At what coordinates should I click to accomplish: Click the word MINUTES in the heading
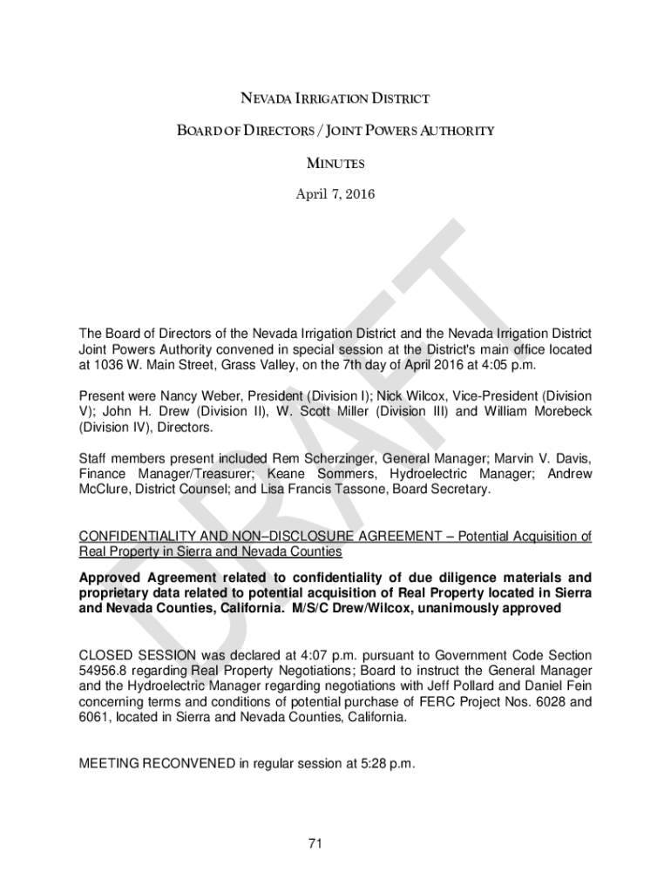pos(335,163)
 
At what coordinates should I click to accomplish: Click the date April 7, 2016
pos(335,194)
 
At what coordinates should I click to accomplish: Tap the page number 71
pos(315,843)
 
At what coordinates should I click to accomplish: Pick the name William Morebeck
pos(539,411)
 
